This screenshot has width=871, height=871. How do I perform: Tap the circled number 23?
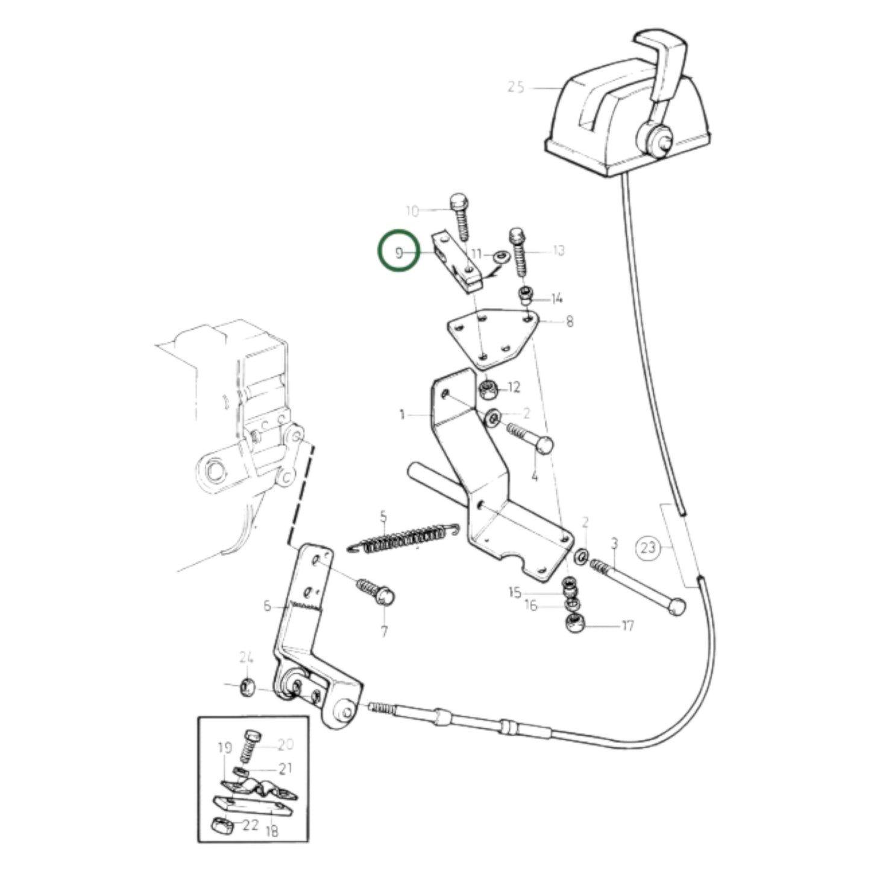click(x=648, y=548)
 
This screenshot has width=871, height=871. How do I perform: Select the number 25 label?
click(x=516, y=87)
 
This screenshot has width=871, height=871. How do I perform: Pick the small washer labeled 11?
click(x=500, y=257)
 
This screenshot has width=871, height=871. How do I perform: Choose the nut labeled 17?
click(x=575, y=624)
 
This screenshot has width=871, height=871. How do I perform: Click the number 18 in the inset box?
click(x=272, y=831)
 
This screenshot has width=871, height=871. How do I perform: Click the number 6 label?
click(x=268, y=606)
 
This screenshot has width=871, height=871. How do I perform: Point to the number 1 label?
click(x=402, y=414)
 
